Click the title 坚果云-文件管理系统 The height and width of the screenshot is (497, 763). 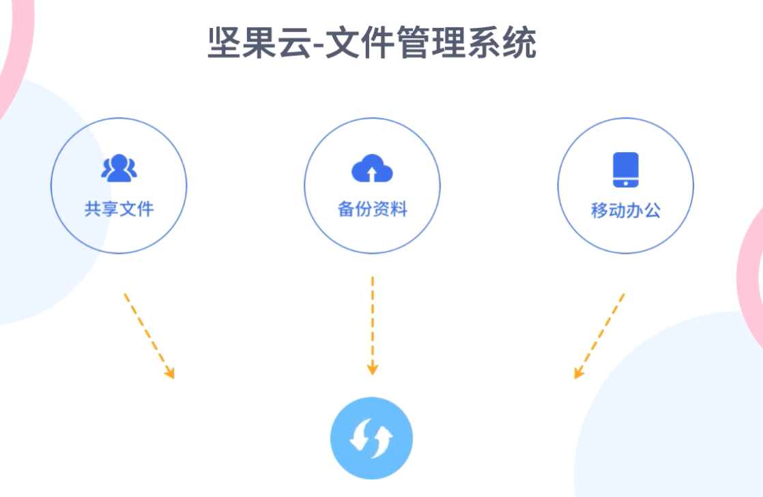click(x=372, y=42)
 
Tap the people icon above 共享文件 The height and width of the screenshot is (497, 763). click(x=119, y=168)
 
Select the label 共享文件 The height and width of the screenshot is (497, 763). click(x=119, y=209)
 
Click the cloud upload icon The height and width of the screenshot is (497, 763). click(x=372, y=169)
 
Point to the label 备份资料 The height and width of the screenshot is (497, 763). click(x=372, y=209)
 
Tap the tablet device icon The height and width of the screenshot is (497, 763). click(x=625, y=169)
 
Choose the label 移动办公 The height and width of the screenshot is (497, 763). click(x=625, y=210)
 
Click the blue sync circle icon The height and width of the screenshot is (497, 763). click(x=372, y=438)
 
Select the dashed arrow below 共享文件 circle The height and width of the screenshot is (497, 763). click(x=148, y=335)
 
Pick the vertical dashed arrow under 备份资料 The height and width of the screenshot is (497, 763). click(x=372, y=324)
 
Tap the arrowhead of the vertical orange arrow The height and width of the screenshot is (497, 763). click(x=372, y=369)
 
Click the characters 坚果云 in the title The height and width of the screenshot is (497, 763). click(x=251, y=42)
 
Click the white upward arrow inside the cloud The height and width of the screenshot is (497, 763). click(x=372, y=174)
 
